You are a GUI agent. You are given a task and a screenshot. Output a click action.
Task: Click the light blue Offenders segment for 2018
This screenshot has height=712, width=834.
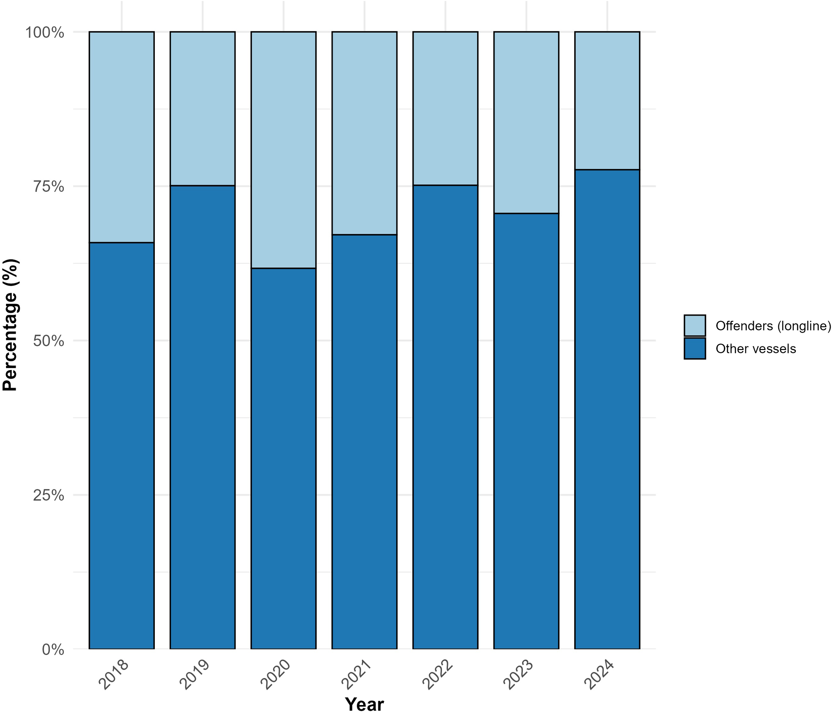121,137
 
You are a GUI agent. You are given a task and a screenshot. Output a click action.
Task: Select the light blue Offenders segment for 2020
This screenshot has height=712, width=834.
283,150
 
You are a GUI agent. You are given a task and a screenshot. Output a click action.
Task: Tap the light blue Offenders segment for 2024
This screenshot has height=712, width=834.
607,101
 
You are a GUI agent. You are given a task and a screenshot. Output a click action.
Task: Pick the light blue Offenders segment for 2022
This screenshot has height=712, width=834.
445,108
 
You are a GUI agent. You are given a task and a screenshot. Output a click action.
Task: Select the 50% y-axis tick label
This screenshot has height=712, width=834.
49,341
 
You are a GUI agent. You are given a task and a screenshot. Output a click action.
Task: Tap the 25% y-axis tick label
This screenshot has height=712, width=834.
49,496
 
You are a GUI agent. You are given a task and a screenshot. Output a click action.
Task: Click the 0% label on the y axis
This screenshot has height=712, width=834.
53,650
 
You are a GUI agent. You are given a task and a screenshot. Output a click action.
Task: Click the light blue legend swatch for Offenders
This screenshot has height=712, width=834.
695,325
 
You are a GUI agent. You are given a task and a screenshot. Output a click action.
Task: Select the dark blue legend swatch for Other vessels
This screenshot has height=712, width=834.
695,348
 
